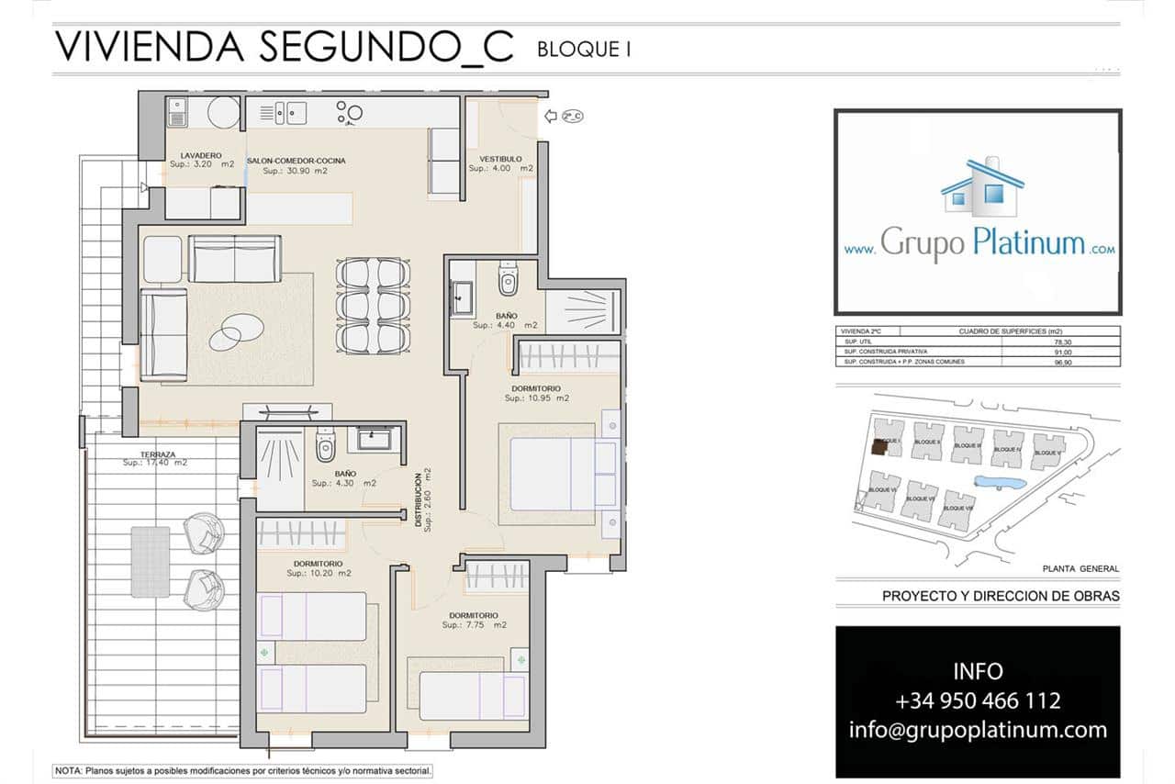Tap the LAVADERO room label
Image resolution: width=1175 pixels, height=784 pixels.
[201, 156]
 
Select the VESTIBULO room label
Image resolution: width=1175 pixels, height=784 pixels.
[500, 159]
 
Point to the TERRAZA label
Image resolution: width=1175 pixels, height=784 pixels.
[158, 454]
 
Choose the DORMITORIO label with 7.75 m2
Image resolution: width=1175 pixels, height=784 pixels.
[474, 615]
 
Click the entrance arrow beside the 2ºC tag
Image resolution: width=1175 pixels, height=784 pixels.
[551, 116]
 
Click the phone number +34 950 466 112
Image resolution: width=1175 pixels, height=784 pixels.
[978, 701]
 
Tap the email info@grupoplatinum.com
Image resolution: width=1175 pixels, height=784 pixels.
[978, 730]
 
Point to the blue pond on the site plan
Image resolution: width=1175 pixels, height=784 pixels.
[997, 482]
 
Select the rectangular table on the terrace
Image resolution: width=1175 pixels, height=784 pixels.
[150, 560]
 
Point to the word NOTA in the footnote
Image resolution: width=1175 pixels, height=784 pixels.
[68, 771]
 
